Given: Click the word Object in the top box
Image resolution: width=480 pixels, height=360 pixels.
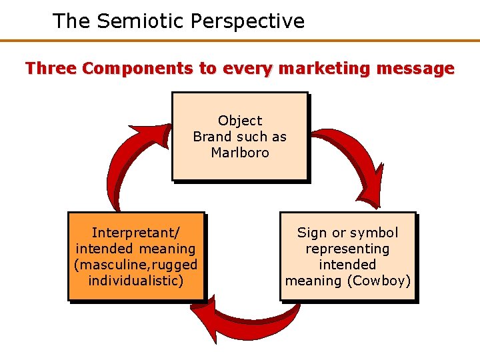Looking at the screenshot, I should [240, 121].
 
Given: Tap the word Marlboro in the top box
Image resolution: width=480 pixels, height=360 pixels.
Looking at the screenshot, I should [240, 153].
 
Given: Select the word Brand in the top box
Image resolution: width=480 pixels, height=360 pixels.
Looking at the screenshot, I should [211, 137].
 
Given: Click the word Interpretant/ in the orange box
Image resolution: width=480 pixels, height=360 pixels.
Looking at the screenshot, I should [136, 233].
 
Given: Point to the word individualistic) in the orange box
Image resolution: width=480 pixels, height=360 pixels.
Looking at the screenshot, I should [136, 281].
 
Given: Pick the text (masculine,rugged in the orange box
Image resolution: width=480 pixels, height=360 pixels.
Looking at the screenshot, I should [136, 265].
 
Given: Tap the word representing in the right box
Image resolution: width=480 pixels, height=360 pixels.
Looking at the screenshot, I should [347, 249].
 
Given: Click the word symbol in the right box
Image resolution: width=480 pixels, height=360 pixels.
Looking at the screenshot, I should [374, 233].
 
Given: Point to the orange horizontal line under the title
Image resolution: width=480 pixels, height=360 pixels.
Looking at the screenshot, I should [240, 41].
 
